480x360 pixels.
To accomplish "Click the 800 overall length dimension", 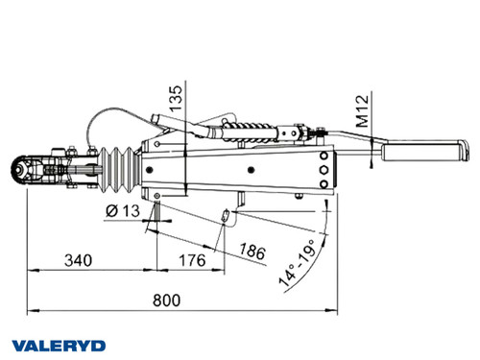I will pyautogui.click(x=167, y=300).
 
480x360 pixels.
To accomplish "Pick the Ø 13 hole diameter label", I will pyautogui.click(x=121, y=210).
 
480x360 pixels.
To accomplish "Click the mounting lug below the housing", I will pyautogui.click(x=235, y=199).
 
